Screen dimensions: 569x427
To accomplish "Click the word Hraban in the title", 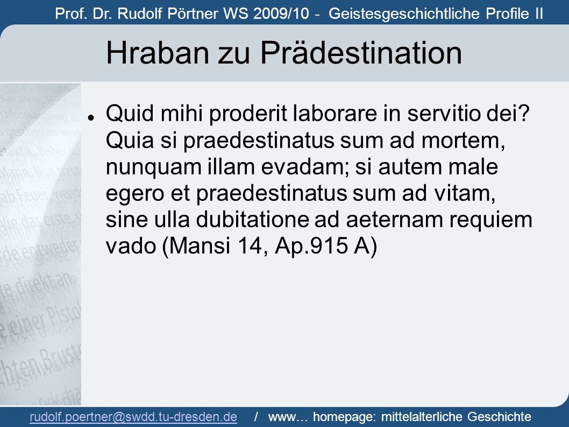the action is [x=157, y=53].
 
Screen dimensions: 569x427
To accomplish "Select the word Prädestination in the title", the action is [x=361, y=53].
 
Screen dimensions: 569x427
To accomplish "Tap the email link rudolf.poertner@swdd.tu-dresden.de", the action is [x=133, y=416].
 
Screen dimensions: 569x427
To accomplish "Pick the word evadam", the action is [x=305, y=166].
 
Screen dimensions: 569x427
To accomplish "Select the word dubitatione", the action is [x=252, y=220].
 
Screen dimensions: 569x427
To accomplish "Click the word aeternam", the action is [x=394, y=220].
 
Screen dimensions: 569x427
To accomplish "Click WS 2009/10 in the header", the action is [x=266, y=14].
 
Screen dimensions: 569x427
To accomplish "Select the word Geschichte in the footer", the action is [x=499, y=416].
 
